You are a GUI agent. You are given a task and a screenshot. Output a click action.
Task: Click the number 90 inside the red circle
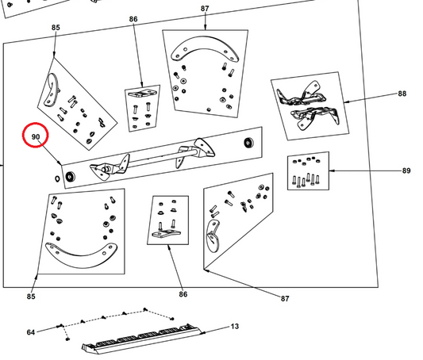(36, 137)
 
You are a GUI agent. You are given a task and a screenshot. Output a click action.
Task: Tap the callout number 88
(402, 94)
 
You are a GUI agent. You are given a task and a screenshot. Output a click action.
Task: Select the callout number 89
(406, 170)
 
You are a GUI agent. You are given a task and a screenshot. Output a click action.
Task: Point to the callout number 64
(31, 332)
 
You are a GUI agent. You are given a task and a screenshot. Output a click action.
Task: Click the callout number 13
(235, 327)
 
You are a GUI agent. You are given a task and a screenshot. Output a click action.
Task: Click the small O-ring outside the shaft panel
(57, 178)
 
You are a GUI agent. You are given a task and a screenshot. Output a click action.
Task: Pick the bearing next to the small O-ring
(70, 177)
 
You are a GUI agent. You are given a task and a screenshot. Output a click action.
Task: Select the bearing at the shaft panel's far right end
(248, 143)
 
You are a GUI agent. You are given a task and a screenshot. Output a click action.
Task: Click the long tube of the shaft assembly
(162, 157)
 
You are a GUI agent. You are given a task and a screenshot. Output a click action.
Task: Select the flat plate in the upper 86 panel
(142, 94)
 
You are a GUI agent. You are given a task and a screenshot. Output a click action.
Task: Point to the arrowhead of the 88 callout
(346, 102)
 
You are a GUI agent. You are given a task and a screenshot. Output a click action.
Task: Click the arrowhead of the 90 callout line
(60, 163)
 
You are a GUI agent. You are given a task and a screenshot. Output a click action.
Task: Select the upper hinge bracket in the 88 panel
(301, 94)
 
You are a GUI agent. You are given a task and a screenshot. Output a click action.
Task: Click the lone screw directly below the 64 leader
(67, 339)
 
